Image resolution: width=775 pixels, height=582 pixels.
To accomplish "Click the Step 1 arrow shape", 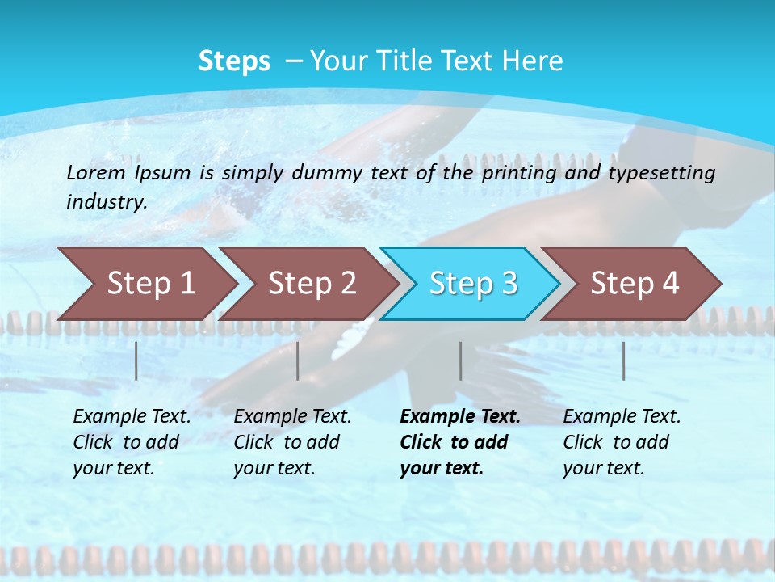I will pos(149,283).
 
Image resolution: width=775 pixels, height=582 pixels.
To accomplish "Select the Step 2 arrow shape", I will pos(311,283).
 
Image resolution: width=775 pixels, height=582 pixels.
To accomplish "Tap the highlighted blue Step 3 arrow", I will pos(472,283).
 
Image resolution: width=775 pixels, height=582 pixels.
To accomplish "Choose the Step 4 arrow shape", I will pos(634,283).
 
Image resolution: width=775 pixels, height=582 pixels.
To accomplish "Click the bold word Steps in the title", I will pos(234,61).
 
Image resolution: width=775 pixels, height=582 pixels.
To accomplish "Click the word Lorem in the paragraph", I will pos(96,172).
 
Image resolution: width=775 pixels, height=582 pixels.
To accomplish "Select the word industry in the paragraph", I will pos(106,201).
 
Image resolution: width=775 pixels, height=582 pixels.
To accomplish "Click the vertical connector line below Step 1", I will pos(136,361).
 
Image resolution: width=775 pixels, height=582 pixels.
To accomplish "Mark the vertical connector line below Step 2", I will pos(298,361).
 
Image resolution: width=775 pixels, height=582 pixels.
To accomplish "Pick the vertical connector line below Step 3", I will pos(461,361).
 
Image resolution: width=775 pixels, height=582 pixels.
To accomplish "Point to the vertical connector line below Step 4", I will pos(623,361).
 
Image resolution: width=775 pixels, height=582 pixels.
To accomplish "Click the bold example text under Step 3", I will pos(459,442).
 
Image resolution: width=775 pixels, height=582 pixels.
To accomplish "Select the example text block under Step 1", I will pos(131,442).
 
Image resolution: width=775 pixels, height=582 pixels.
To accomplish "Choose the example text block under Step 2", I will pos(291,442).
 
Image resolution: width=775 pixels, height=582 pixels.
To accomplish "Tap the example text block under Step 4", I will pos(621,442).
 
